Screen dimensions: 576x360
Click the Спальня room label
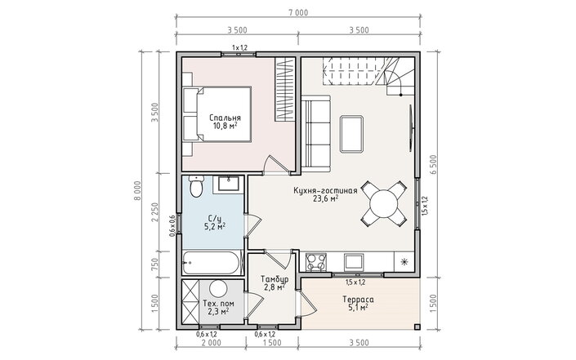[225, 118]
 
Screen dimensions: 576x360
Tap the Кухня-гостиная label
[325, 191]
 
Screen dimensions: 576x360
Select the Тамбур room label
[274, 279]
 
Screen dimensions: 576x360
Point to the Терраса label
[358, 300]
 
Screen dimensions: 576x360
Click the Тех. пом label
[218, 304]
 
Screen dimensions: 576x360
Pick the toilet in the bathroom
[197, 186]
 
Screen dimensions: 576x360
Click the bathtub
[212, 263]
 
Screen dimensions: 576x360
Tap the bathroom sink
[229, 184]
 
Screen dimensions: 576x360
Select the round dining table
[383, 204]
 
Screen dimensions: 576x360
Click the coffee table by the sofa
[351, 134]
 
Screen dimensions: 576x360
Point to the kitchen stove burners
[316, 262]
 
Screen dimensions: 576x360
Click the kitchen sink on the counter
[354, 262]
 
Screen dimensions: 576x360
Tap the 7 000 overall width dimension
[298, 13]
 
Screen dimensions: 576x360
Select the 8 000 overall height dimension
[136, 190]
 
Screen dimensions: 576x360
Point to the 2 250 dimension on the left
[154, 212]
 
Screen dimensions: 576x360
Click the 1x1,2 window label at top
[239, 47]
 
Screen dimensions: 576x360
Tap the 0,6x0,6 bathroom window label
[172, 225]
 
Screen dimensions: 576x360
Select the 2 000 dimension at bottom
[212, 343]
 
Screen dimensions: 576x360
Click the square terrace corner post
[417, 327]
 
